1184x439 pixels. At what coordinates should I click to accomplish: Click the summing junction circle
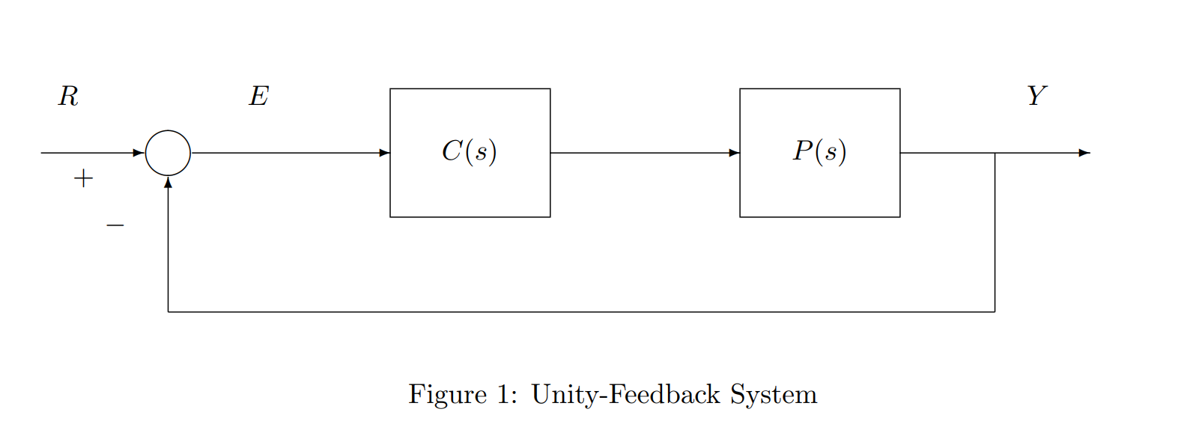(x=168, y=153)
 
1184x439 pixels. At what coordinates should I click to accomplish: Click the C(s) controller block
(x=470, y=153)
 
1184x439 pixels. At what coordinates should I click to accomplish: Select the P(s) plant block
(x=819, y=153)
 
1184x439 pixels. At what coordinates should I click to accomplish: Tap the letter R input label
(x=68, y=97)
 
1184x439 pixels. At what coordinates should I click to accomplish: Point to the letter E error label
(x=258, y=97)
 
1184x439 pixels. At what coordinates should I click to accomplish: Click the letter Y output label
(x=1036, y=96)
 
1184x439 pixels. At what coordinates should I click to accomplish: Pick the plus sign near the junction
(x=83, y=178)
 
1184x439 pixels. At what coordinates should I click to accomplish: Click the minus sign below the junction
(x=115, y=225)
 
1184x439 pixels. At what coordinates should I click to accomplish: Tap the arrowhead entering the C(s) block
(x=384, y=153)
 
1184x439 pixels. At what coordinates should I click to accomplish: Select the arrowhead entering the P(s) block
(x=734, y=153)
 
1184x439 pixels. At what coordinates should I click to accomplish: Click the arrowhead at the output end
(x=1084, y=153)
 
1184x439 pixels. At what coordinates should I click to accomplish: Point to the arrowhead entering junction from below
(x=168, y=182)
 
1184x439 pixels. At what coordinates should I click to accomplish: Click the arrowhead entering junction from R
(x=139, y=153)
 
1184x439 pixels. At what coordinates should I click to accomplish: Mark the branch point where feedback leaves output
(x=995, y=153)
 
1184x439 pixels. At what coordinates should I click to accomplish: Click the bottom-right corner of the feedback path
(x=995, y=312)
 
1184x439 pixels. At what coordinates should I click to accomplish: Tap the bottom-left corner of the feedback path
(x=168, y=312)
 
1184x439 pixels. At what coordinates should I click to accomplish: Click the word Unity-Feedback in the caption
(x=625, y=395)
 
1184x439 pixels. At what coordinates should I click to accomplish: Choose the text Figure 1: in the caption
(x=462, y=395)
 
